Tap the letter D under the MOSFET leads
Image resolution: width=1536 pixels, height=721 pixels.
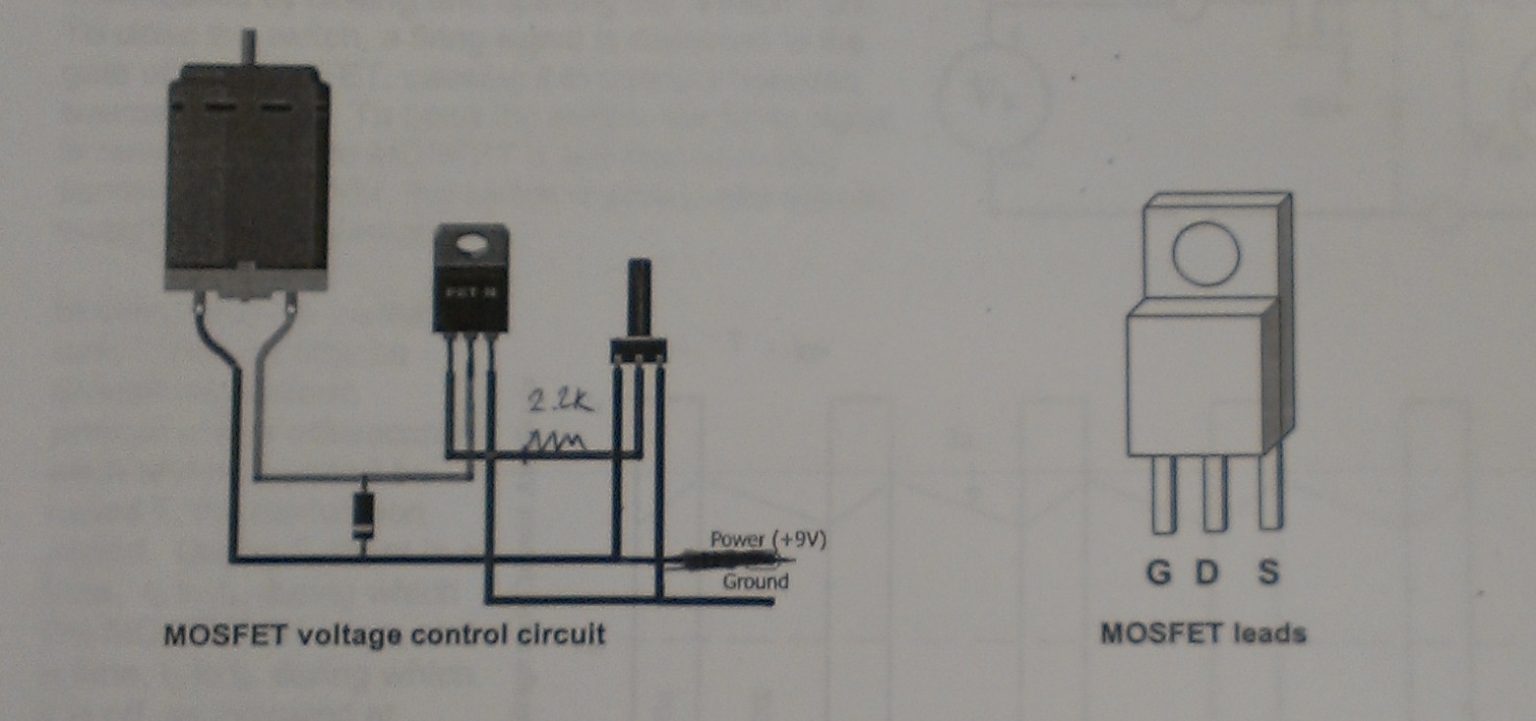1206,572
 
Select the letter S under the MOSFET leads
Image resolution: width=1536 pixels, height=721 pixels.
1268,572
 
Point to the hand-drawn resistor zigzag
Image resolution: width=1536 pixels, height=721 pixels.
556,446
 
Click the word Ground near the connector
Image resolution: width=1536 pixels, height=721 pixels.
756,581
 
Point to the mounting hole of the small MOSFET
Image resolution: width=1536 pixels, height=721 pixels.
471,239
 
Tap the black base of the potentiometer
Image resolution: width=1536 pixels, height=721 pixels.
639,349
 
